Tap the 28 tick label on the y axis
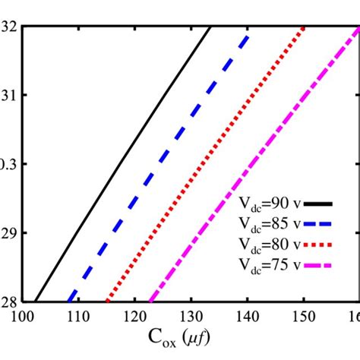click(8, 302)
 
